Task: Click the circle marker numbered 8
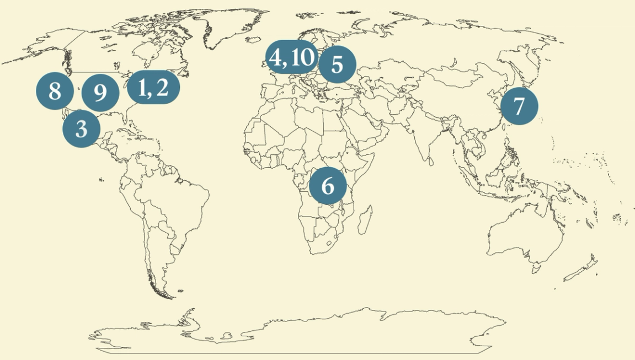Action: pos(55,90)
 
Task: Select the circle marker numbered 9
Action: pos(100,93)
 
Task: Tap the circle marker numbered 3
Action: pos(81,130)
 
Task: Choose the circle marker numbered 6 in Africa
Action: pos(328,186)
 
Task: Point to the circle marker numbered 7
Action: pos(519,106)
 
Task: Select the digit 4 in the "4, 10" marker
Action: pos(275,57)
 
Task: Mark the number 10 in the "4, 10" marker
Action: pos(301,57)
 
